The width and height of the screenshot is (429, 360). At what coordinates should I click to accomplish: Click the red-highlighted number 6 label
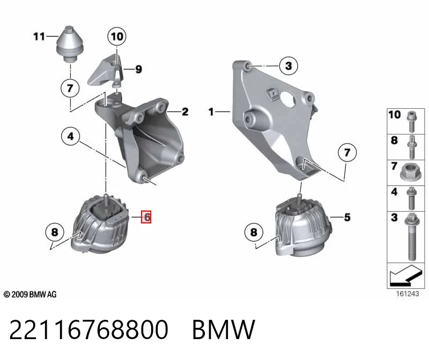pos(146,217)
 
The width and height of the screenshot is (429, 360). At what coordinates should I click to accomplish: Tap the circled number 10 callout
pos(117,36)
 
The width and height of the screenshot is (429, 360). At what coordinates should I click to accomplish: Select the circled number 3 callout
pos(289,65)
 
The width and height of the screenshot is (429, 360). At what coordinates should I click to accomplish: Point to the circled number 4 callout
pos(71,136)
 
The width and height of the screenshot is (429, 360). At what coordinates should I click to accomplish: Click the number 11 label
pos(39,36)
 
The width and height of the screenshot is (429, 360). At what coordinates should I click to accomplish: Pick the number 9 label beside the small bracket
pos(139,69)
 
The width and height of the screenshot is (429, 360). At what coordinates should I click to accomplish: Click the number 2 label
pos(185,111)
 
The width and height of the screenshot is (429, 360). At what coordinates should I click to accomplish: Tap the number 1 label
pos(211,111)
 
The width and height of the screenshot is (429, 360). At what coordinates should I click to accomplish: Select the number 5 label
pos(347,217)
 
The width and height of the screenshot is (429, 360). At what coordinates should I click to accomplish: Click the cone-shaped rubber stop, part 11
pos(70,44)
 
